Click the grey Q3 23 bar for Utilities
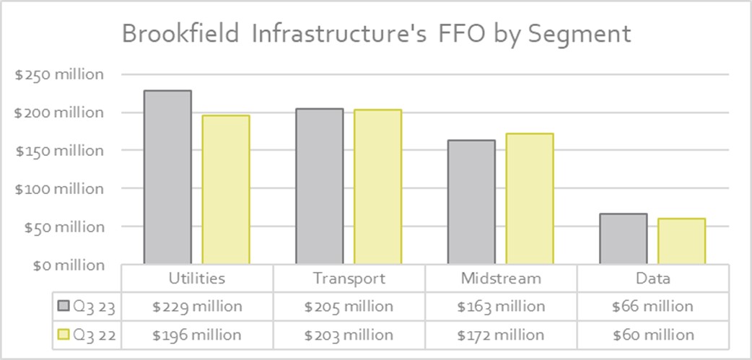pyautogui.click(x=167, y=177)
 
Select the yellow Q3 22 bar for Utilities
pyautogui.click(x=226, y=190)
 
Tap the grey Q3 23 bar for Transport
pyautogui.click(x=319, y=186)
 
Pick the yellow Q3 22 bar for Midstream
pyautogui.click(x=530, y=198)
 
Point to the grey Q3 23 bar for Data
pyautogui.click(x=624, y=239)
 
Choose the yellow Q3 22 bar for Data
pyautogui.click(x=682, y=241)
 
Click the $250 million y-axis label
pyautogui.click(x=59, y=74)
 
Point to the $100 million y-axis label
pyautogui.click(x=59, y=188)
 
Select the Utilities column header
pyautogui.click(x=197, y=278)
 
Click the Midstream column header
pyautogui.click(x=501, y=278)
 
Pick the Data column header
pyautogui.click(x=653, y=278)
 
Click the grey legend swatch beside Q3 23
pyautogui.click(x=64, y=307)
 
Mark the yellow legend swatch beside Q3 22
pyautogui.click(x=64, y=335)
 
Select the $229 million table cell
pyautogui.click(x=197, y=307)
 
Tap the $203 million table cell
pyautogui.click(x=349, y=335)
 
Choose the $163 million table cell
pyautogui.click(x=501, y=307)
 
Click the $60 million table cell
pyautogui.click(x=653, y=335)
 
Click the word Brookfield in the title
pyautogui.click(x=181, y=34)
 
